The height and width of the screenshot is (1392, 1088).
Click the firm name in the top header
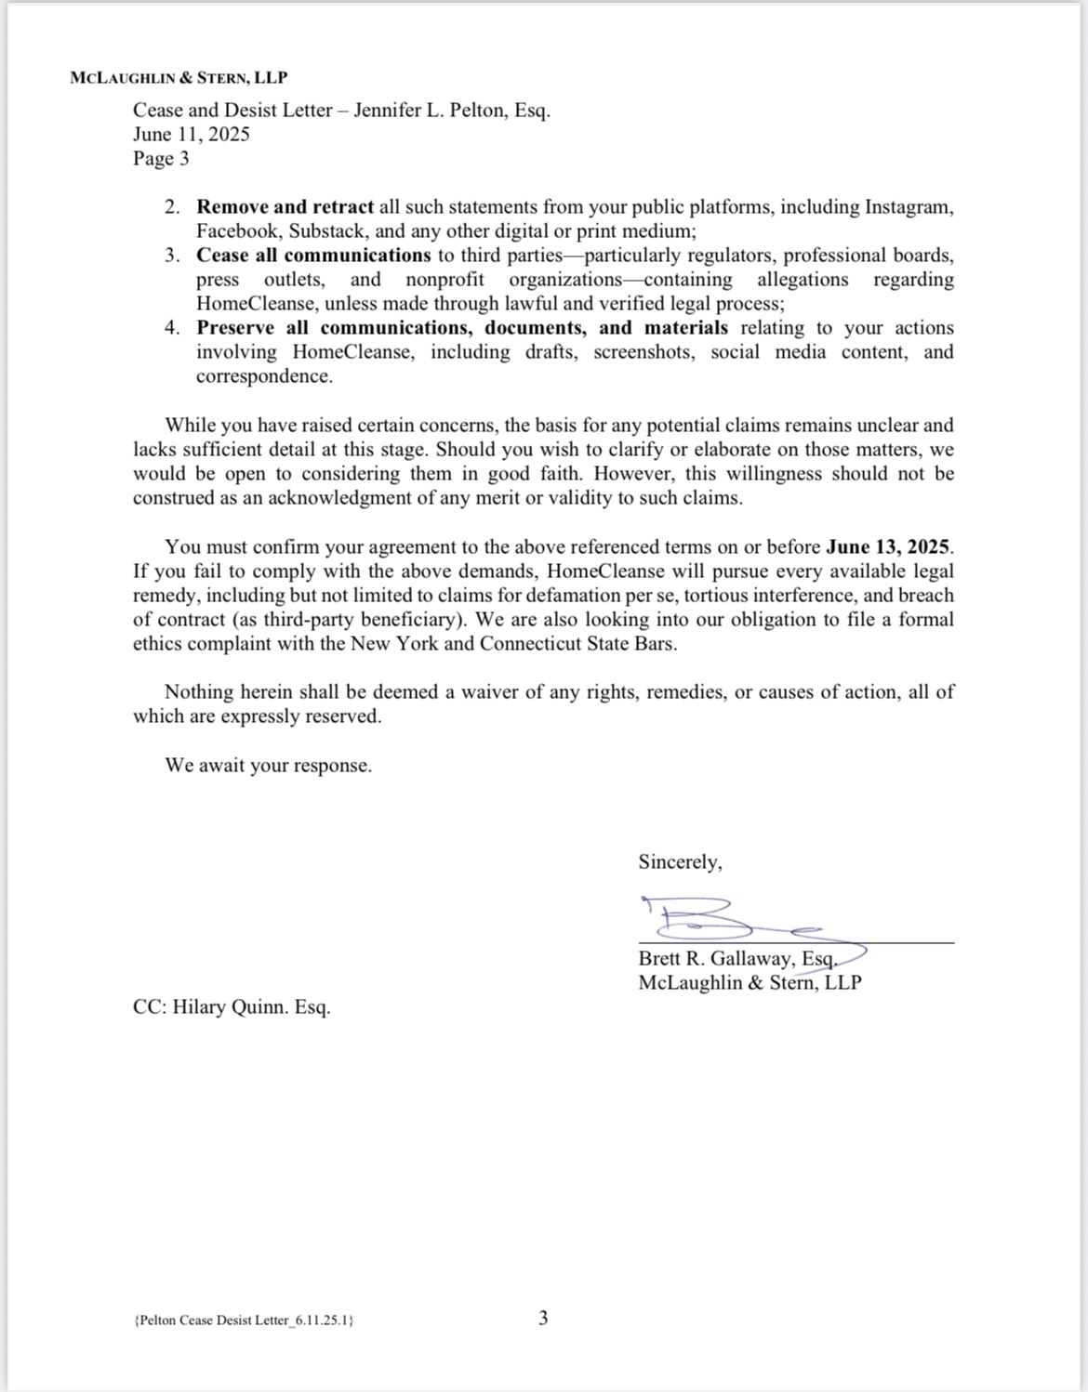click(x=179, y=79)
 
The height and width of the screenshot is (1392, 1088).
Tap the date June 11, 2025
click(x=191, y=134)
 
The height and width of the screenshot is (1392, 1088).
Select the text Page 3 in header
click(x=161, y=158)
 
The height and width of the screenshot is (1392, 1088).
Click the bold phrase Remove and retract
click(x=285, y=206)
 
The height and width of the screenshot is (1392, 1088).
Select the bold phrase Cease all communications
click(x=313, y=255)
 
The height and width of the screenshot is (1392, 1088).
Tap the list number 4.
click(x=172, y=327)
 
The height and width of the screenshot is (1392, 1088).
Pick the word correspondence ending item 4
click(x=263, y=375)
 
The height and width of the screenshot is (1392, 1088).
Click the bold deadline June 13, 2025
click(x=889, y=546)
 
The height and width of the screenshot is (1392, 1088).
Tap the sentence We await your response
click(x=268, y=765)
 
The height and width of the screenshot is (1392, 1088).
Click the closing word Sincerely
click(x=680, y=861)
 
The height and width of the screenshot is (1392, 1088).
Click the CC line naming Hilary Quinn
click(x=232, y=1006)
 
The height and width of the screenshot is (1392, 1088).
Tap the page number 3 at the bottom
click(x=543, y=1317)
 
